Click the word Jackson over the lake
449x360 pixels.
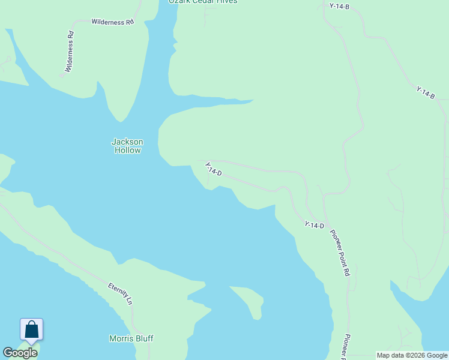tap(127, 142)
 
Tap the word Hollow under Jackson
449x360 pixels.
tap(127, 151)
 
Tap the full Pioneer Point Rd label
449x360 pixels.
tap(340, 252)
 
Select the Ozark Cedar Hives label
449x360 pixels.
tap(203, 2)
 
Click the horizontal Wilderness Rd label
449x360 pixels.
tap(112, 22)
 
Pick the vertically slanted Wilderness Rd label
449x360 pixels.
tap(70, 52)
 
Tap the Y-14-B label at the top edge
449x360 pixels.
tap(339, 6)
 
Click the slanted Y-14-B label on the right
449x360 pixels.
tap(426, 92)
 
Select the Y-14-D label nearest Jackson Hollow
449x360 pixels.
tap(213, 169)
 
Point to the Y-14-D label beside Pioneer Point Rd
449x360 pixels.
tap(314, 226)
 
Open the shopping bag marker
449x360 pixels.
tap(31, 329)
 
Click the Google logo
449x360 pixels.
tap(20, 353)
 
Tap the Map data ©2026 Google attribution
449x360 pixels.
tap(412, 355)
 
